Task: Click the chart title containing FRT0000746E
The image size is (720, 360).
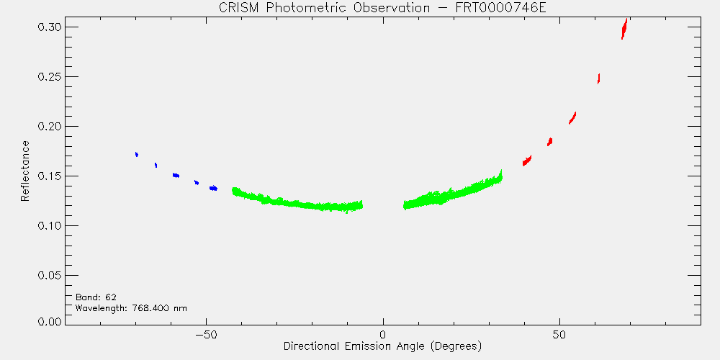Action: (x=382, y=9)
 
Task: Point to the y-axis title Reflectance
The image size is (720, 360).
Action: (x=24, y=171)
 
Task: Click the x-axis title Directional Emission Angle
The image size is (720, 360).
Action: (x=382, y=346)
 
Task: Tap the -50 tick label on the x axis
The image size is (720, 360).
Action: (x=206, y=334)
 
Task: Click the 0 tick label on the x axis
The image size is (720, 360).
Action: (x=383, y=334)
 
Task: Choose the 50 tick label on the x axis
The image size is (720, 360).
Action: (x=559, y=334)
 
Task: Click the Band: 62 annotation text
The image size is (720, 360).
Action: (x=96, y=297)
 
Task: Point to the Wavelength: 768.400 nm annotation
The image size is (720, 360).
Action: (x=131, y=308)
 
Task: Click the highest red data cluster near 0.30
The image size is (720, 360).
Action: (x=624, y=29)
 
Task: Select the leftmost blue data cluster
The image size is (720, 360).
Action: (x=136, y=154)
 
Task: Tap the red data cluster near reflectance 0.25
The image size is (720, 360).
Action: (x=599, y=78)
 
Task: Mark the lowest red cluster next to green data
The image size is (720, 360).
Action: (x=527, y=161)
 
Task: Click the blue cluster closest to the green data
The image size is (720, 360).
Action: (x=213, y=188)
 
